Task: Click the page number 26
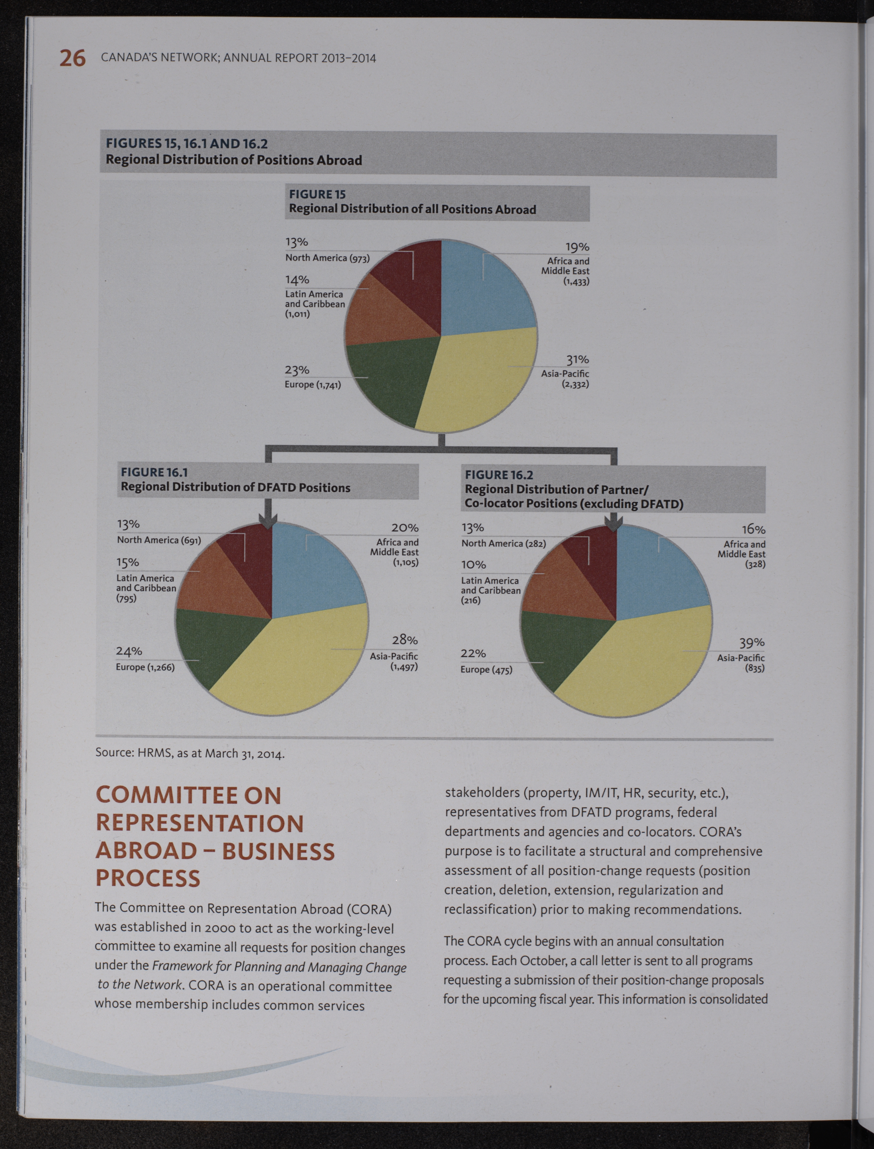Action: pyautogui.click(x=72, y=58)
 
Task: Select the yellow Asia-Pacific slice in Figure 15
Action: pyautogui.click(x=478, y=380)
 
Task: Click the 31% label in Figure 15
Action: pyautogui.click(x=578, y=359)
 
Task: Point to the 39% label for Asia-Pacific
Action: pyautogui.click(x=752, y=643)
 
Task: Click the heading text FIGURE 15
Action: pyautogui.click(x=317, y=194)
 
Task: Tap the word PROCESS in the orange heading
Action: pyautogui.click(x=148, y=878)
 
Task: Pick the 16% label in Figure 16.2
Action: pyautogui.click(x=753, y=529)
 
